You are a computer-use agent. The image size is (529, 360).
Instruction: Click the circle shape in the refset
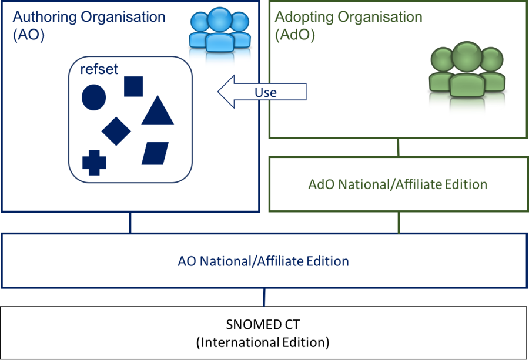point(93,97)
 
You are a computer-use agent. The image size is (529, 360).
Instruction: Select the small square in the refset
point(133,86)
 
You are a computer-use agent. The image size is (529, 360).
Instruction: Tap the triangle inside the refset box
point(158,111)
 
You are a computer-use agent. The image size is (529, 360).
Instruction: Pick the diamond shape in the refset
point(116,130)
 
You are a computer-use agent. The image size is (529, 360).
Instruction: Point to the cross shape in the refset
point(94,163)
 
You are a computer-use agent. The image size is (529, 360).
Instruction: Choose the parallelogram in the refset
point(155,153)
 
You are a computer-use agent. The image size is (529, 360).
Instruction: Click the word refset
point(99,70)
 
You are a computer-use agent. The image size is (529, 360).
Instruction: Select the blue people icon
point(219,36)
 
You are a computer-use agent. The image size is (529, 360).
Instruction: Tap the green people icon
point(467,78)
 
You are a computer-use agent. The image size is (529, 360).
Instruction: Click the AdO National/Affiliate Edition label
point(398,184)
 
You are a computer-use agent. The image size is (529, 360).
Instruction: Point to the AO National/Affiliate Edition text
point(263,261)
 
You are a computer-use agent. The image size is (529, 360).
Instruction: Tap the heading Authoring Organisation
point(89,16)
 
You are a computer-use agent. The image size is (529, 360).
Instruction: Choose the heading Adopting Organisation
point(349,16)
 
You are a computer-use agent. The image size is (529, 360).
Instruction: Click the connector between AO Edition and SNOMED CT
point(264,297)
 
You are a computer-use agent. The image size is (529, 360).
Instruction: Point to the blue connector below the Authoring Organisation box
point(130,223)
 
